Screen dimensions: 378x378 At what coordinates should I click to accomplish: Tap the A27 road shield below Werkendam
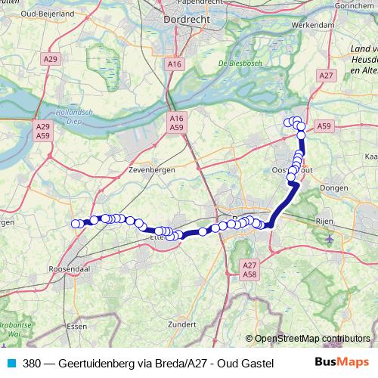point(327,76)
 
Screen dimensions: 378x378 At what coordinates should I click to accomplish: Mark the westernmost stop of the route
point(76,223)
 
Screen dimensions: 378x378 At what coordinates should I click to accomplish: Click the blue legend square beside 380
point(10,362)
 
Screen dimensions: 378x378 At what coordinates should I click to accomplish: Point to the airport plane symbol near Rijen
point(330,240)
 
